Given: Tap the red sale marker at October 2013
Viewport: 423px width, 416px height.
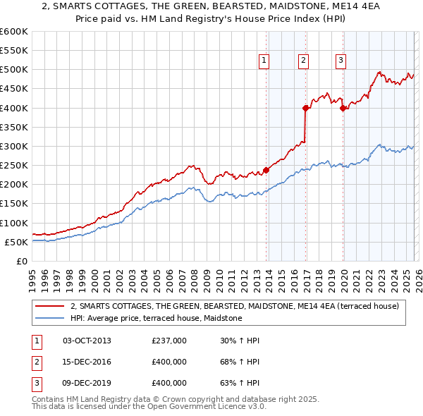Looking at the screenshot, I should (x=266, y=170).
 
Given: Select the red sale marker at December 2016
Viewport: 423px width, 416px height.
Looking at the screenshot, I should (x=306, y=108).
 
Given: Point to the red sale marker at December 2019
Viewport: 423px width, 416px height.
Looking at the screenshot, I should (x=343, y=108).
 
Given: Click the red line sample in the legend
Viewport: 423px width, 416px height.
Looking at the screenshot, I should (x=50, y=306).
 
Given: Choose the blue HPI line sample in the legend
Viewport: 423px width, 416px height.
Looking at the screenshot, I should (x=50, y=318).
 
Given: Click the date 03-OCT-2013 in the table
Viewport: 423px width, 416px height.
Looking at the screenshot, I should (x=87, y=341).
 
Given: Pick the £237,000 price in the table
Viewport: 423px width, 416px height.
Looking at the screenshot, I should (x=169, y=341).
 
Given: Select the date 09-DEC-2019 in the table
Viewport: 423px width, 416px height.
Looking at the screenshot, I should (x=87, y=383).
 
